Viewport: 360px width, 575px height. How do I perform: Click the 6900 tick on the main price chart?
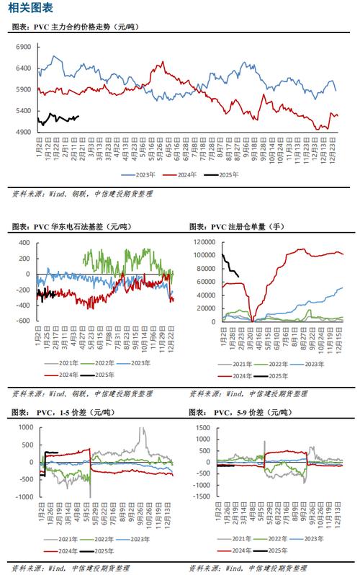22,47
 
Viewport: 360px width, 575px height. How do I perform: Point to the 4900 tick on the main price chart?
22,132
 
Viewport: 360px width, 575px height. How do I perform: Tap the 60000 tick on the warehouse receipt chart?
204,282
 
